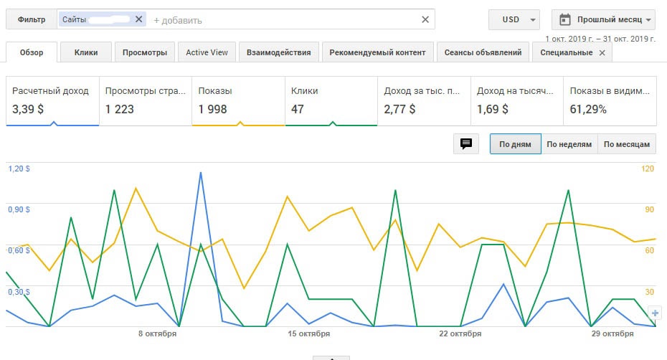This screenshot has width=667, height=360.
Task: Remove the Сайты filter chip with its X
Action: (x=138, y=19)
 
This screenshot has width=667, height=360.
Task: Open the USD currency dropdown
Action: (x=514, y=19)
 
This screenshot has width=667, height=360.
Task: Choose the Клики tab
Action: (x=86, y=52)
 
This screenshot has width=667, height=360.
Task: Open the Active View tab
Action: (x=207, y=52)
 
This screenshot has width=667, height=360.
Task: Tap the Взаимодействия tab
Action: (x=278, y=52)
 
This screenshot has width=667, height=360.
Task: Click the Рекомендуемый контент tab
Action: (x=379, y=52)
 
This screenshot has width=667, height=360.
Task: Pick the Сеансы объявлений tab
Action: (x=483, y=52)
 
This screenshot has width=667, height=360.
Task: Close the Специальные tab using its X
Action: (x=602, y=52)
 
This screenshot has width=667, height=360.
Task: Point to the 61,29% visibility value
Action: (x=588, y=110)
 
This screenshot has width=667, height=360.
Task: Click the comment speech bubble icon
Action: (x=466, y=144)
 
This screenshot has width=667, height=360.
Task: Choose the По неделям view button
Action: (x=569, y=144)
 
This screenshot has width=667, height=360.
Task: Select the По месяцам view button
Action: (x=627, y=144)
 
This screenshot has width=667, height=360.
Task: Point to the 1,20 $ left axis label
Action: (x=19, y=169)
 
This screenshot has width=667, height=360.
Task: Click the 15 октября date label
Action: (x=309, y=333)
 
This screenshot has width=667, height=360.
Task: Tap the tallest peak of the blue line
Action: (x=201, y=173)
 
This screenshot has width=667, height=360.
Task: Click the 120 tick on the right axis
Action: (x=648, y=169)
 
